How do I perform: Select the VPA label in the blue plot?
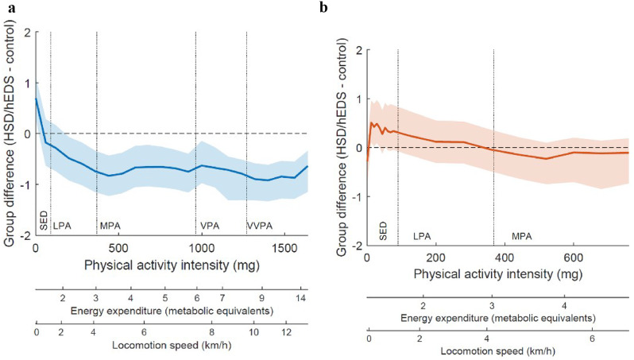tap(209, 226)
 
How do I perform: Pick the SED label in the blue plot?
tap(42, 220)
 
